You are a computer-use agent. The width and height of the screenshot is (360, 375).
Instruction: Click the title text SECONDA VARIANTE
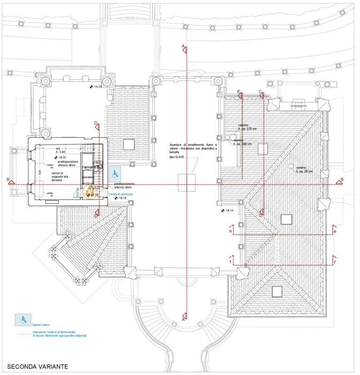pyautogui.click(x=37, y=366)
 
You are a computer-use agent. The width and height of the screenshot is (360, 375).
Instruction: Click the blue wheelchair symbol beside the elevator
pyautogui.click(x=115, y=174)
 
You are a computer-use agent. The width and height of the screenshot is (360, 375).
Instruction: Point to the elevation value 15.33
pyautogui.click(x=96, y=87)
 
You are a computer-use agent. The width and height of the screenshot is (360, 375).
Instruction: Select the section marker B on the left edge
pyautogui.click(x=7, y=179)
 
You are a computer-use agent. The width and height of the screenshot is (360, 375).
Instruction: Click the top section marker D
pyautogui.click(x=96, y=124)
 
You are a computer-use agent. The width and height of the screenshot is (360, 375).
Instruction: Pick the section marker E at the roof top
pyautogui.click(x=238, y=92)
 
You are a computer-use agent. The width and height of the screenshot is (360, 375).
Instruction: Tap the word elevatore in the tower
pyautogui.click(x=88, y=177)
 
